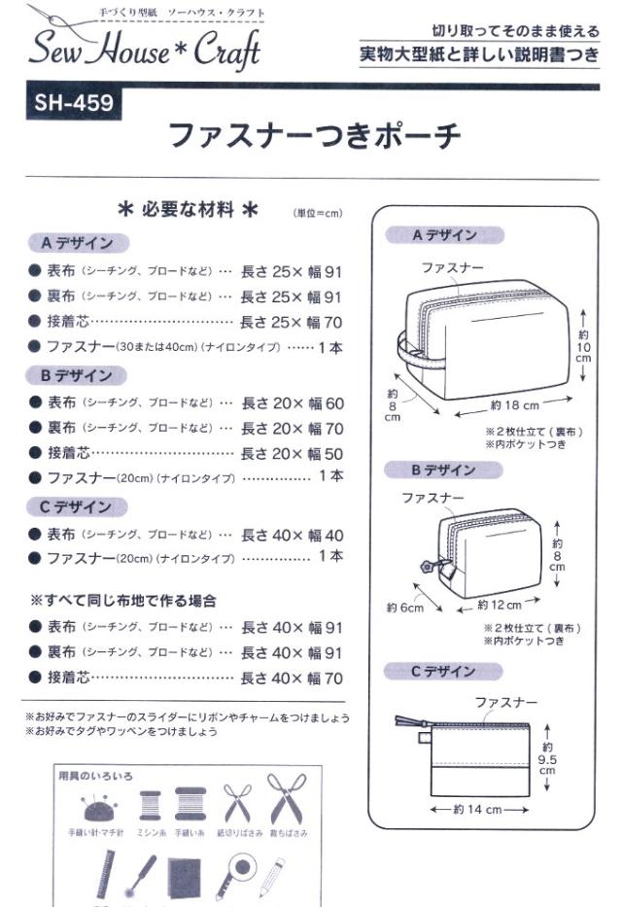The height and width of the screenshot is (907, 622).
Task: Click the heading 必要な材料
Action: (x=188, y=209)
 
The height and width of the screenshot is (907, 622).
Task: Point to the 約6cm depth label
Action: (x=404, y=608)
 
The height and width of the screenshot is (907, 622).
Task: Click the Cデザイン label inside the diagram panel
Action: (x=431, y=672)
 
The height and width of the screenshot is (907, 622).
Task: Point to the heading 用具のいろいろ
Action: (x=95, y=775)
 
